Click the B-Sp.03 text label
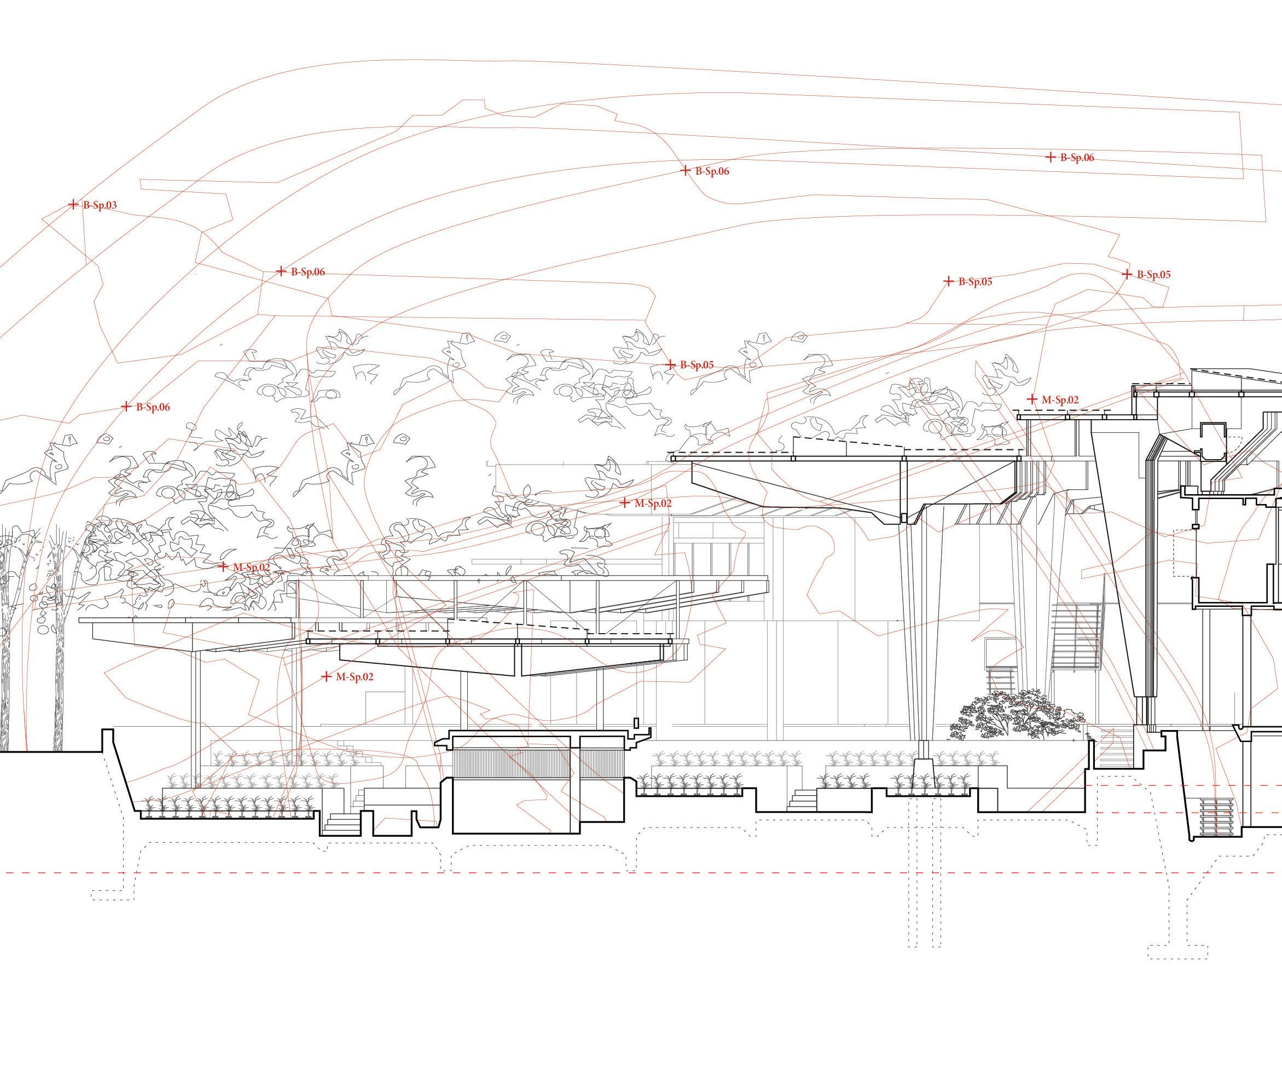pos(100,205)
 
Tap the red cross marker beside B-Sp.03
pos(73,205)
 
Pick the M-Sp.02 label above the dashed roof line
pos(1060,399)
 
